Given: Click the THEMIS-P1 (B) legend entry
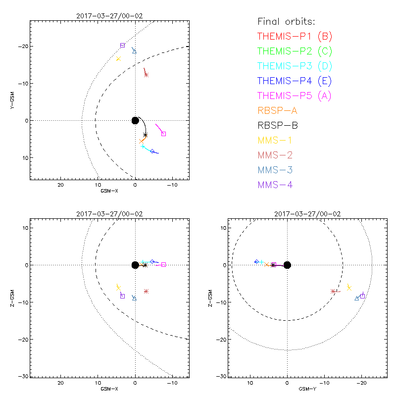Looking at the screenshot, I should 296,36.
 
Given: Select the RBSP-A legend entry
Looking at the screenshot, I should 281,110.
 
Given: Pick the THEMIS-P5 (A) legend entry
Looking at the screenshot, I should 295,96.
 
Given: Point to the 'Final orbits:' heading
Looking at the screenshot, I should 287,21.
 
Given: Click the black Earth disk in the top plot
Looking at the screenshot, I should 135,120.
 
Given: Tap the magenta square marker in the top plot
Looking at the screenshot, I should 164,134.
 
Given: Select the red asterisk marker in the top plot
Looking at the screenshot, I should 146,75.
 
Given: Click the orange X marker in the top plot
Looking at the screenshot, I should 142,141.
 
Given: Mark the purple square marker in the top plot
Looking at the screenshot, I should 122,45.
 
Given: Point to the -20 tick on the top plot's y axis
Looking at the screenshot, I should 23,46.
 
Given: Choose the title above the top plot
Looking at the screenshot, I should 109,16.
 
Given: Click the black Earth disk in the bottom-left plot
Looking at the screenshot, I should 135,265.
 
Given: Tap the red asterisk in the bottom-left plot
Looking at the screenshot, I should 146,291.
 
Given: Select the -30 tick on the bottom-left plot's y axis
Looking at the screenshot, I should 23,376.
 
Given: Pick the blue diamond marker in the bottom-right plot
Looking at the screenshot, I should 256,261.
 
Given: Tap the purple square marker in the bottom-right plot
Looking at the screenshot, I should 362,296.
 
